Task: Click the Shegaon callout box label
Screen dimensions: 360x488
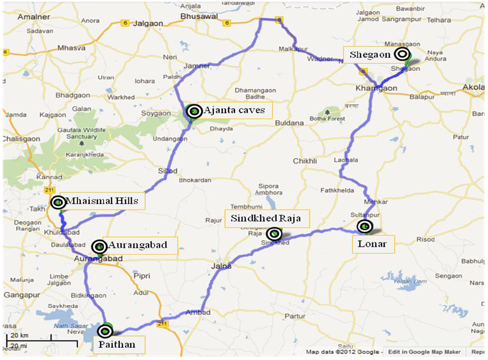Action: (x=371, y=54)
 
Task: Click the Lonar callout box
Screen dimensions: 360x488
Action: (x=373, y=244)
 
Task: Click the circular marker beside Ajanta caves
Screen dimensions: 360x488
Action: (x=194, y=111)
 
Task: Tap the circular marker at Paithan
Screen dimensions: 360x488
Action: (x=105, y=331)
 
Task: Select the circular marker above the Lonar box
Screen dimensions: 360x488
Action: (x=365, y=226)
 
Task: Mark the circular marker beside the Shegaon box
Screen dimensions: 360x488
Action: (x=402, y=54)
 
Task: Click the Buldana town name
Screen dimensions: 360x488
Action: (x=290, y=123)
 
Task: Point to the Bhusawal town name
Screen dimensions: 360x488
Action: (x=200, y=17)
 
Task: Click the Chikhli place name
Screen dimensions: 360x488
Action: (x=305, y=161)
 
